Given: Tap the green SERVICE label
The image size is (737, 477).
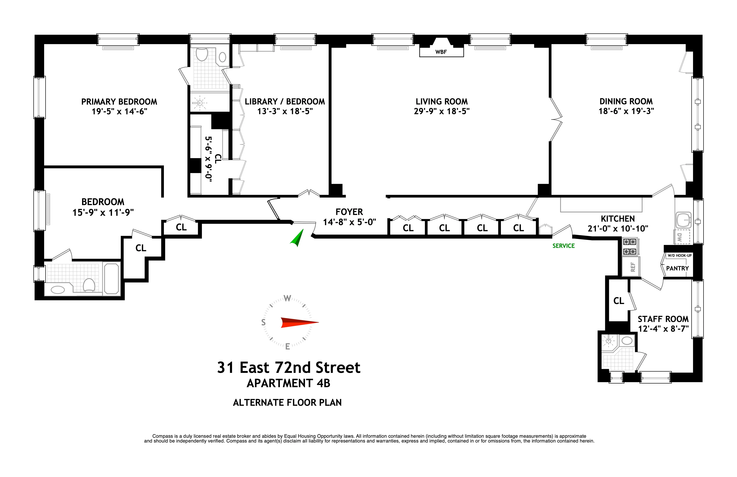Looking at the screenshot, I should (x=563, y=246).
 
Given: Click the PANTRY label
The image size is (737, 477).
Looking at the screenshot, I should (x=677, y=268).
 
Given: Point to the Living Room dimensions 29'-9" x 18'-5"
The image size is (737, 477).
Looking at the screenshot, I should (x=442, y=111).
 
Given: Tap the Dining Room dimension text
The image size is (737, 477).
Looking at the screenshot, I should (x=626, y=111).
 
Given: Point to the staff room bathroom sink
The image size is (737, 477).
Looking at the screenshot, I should (x=627, y=341).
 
